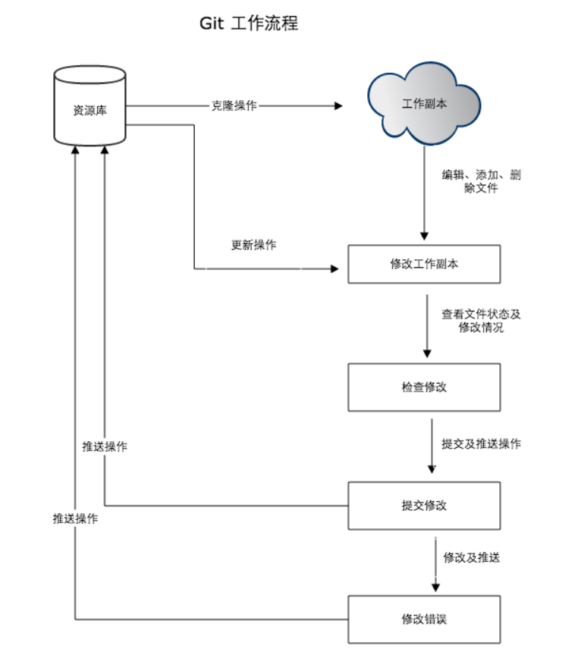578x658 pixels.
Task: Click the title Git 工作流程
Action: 249,23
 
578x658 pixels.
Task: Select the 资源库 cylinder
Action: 90,107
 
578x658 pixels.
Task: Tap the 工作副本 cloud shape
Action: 424,104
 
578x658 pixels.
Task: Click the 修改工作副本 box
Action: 424,265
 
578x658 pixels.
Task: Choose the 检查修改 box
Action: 424,387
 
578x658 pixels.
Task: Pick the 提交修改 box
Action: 424,505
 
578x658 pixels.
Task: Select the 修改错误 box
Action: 424,619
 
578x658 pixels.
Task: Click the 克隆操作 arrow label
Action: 234,106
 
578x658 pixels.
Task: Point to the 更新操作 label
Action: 253,246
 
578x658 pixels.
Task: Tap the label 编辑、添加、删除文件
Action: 481,181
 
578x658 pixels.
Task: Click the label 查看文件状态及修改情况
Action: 481,321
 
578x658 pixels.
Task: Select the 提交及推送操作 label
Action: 481,444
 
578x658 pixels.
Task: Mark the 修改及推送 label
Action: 471,558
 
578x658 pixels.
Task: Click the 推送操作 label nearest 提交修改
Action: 105,446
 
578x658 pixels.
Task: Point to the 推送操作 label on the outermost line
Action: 74,519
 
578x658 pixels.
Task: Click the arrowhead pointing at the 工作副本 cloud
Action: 338,106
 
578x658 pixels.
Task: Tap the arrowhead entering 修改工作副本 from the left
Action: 335,268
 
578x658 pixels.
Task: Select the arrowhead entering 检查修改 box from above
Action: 427,353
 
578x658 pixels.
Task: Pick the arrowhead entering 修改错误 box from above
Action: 435,586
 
